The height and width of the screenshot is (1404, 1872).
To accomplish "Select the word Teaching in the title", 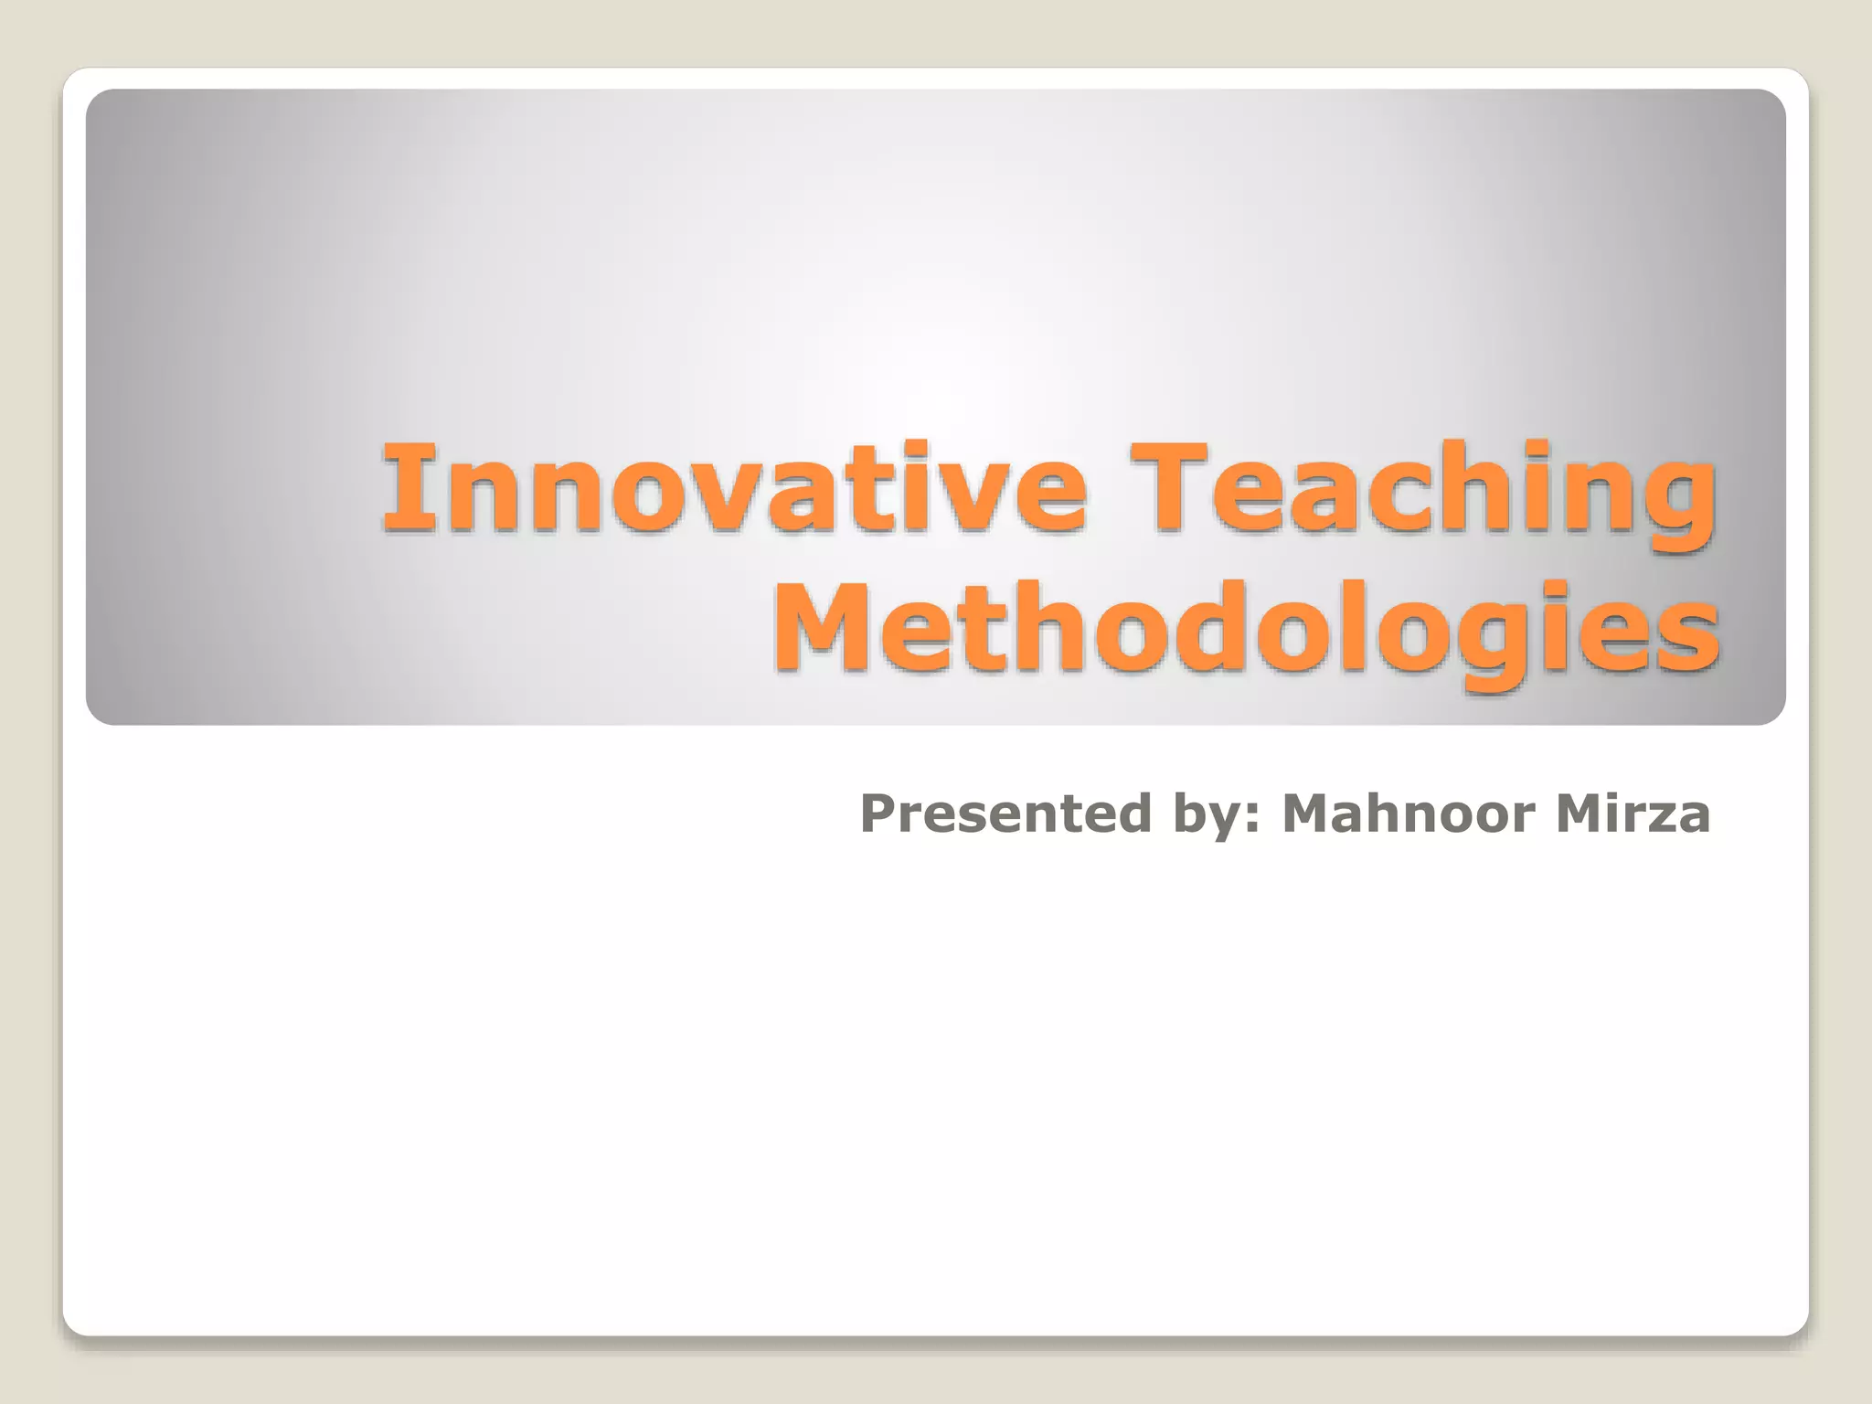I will tap(1422, 489).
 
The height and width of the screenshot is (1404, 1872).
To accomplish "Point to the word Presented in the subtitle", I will tap(1005, 814).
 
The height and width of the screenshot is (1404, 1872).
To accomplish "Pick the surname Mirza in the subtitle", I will tap(1633, 814).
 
